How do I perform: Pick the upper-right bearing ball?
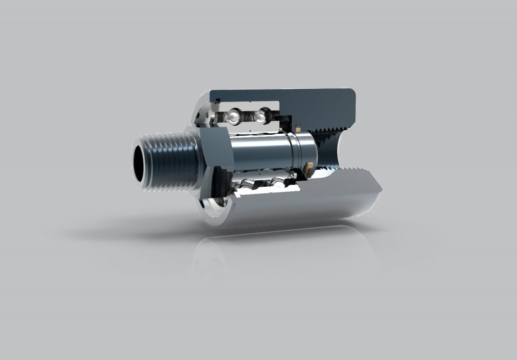tap(260, 117)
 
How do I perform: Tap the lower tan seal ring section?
tap(309, 166)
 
